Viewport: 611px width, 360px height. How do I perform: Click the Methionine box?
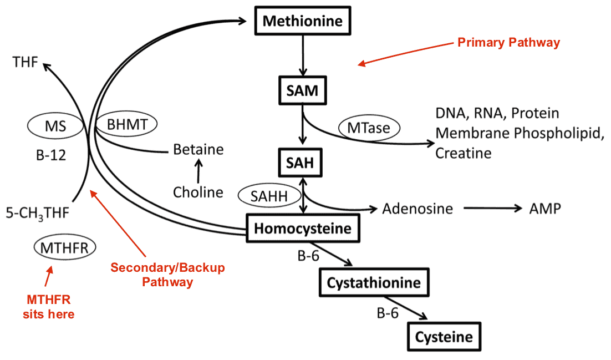[303, 22]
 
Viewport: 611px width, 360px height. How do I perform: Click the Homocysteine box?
[303, 228]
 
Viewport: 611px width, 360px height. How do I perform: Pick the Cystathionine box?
[374, 283]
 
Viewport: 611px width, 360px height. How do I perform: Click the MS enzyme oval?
[58, 127]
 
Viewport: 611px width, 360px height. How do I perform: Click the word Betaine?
[198, 149]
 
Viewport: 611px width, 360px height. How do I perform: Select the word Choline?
[198, 192]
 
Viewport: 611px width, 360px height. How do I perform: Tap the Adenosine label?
[417, 209]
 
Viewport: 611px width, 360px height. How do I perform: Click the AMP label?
[544, 209]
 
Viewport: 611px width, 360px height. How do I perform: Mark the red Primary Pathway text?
[508, 43]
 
